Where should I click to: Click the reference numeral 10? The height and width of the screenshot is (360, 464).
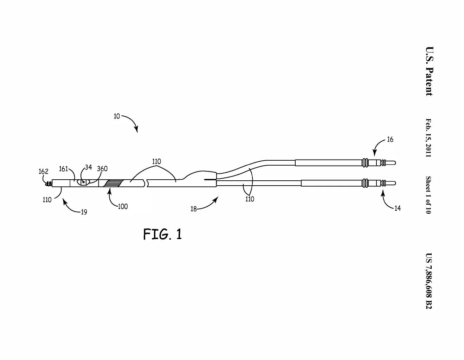117,116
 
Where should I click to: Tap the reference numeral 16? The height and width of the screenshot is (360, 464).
390,140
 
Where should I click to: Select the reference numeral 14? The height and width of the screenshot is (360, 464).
397,208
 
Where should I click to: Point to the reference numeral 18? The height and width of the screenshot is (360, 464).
193,209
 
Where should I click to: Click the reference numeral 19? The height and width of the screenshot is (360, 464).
84,212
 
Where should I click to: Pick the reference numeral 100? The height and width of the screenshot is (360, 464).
123,206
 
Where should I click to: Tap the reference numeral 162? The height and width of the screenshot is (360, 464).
43,172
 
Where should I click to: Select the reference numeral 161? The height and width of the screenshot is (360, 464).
63,169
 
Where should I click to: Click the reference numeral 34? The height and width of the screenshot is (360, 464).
88,167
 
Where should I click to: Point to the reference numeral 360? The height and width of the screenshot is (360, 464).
102,169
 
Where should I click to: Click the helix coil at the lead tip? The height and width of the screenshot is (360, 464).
49,184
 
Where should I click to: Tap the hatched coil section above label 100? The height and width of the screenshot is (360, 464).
114,183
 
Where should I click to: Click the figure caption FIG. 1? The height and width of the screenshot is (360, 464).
162,234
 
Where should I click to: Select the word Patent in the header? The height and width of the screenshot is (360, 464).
429,82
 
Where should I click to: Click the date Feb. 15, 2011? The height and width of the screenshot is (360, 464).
428,138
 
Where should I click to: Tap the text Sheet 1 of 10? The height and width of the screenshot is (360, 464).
428,195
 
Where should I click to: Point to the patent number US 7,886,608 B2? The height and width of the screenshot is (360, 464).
429,281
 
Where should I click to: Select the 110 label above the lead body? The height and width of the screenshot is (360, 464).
156,161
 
